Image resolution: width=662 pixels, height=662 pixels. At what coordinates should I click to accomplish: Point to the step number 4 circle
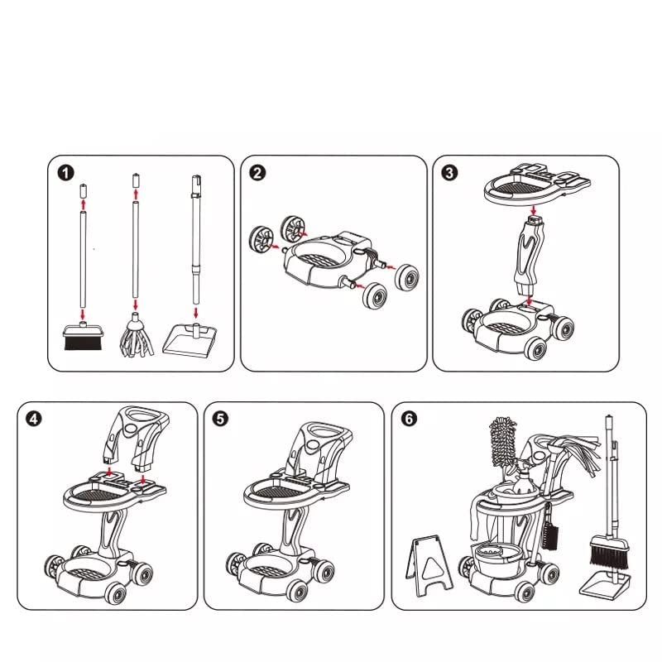[34, 419]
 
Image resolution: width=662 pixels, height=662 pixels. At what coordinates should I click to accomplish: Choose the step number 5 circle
[220, 419]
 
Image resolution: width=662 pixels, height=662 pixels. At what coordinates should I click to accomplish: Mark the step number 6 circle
[408, 419]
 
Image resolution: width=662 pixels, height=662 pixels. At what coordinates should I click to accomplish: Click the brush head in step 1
[82, 337]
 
